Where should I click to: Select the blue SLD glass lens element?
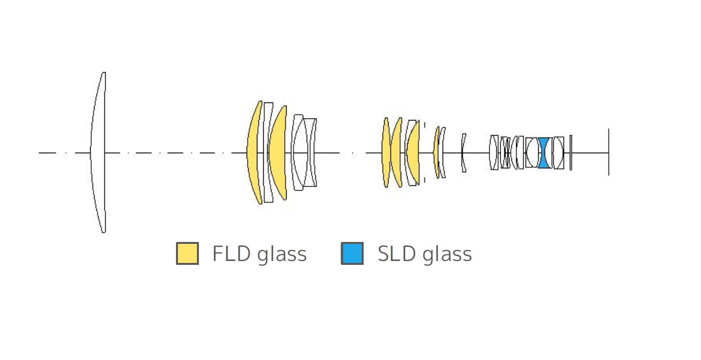click(544, 153)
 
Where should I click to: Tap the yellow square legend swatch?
click(188, 253)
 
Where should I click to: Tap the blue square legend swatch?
click(352, 253)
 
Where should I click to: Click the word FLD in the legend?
click(232, 253)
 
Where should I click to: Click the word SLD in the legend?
click(397, 253)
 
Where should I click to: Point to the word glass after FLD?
click(282, 254)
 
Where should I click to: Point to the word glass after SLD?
click(447, 254)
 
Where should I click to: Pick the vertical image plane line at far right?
click(609, 152)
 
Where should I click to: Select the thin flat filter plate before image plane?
click(571, 153)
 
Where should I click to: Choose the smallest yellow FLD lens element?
click(437, 153)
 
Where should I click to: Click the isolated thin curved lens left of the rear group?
click(463, 153)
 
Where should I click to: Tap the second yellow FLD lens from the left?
click(278, 153)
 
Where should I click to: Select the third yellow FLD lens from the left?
click(386, 153)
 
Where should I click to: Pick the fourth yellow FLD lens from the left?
click(396, 153)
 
